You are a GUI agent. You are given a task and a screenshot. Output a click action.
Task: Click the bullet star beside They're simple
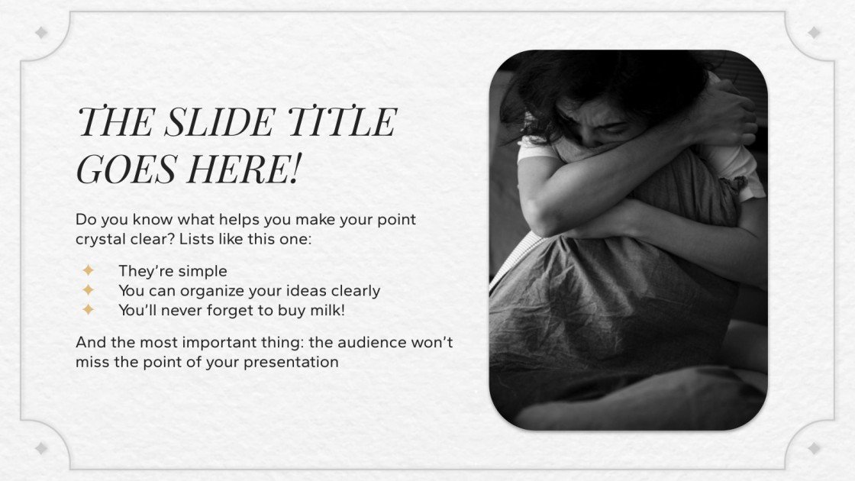click(x=89, y=270)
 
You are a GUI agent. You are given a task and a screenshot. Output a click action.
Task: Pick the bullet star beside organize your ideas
click(x=89, y=290)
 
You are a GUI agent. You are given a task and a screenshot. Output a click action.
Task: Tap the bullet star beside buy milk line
click(x=89, y=310)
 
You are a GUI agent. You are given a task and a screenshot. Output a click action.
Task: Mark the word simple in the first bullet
click(x=202, y=270)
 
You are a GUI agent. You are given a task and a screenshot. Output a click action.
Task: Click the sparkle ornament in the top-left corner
click(x=41, y=33)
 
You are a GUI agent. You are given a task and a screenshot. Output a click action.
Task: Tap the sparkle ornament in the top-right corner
click(x=814, y=33)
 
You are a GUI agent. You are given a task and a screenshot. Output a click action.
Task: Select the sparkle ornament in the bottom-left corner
click(x=41, y=448)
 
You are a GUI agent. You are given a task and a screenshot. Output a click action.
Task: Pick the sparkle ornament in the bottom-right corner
click(x=814, y=448)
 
